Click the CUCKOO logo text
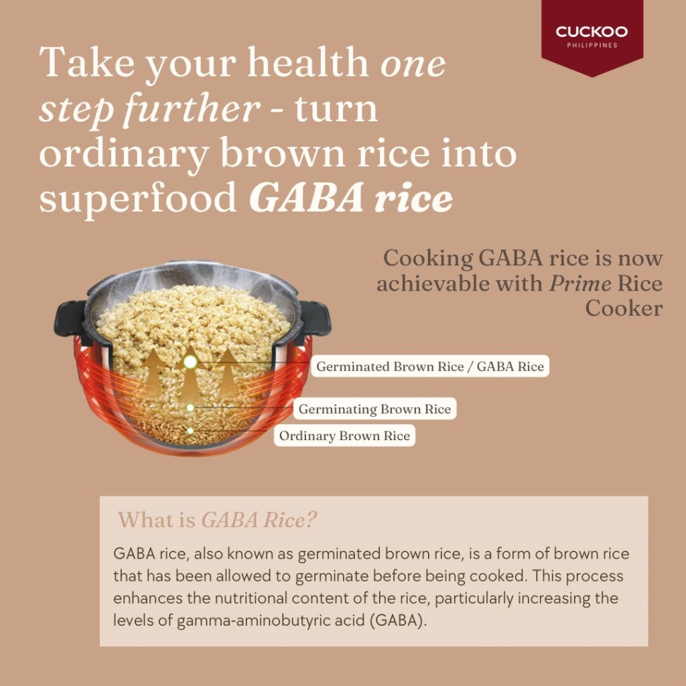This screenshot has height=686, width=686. click(592, 31)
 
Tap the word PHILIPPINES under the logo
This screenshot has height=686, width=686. click(592, 45)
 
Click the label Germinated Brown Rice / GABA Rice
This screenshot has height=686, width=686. click(430, 366)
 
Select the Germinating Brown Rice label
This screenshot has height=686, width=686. click(374, 409)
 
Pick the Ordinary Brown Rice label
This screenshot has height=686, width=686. click(344, 435)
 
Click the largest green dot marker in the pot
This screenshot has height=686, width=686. click(190, 362)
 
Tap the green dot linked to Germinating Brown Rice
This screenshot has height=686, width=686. click(190, 408)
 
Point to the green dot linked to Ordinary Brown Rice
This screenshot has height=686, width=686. click(190, 431)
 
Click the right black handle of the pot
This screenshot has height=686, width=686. click(314, 318)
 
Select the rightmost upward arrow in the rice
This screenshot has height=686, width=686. click(226, 371)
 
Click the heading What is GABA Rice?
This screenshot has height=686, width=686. click(217, 520)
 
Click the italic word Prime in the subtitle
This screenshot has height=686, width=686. click(580, 284)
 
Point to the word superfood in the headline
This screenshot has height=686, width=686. click(138, 198)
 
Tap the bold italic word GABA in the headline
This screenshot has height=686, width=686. click(305, 198)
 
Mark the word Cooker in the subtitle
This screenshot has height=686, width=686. click(624, 308)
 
